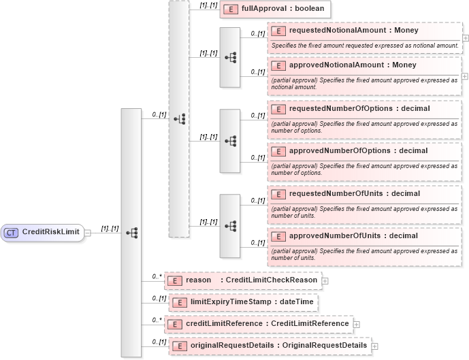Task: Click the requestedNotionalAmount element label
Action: [x=353, y=31]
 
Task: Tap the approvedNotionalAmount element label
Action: [x=353, y=65]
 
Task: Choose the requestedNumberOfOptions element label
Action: [x=359, y=108]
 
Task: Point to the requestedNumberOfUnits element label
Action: [x=354, y=193]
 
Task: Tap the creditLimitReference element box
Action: [x=259, y=323]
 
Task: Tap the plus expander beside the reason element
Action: [x=325, y=280]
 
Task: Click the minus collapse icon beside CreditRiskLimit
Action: [x=88, y=233]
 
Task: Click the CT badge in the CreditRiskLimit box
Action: [x=11, y=233]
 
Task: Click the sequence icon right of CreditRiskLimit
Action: [x=131, y=233]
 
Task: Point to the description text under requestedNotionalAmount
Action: [x=364, y=46]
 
